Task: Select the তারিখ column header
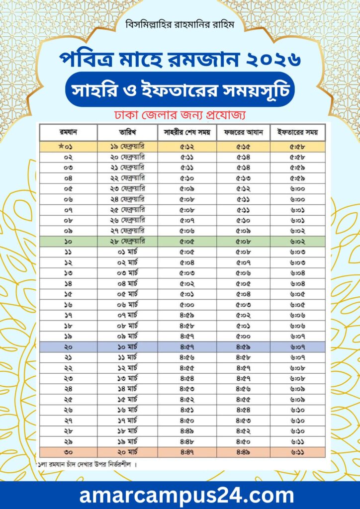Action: pos(127,133)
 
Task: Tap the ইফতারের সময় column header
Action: pos(297,133)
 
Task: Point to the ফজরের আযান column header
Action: pos(243,133)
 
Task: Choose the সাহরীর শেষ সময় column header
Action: pos(187,133)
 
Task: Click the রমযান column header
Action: pos(68,133)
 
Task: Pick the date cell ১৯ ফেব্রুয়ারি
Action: pos(127,147)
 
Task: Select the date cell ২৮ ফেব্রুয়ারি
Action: pos(127,241)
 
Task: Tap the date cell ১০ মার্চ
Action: pos(127,346)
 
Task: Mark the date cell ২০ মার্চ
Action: pos(127,452)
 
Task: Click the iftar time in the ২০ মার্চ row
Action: pos(297,452)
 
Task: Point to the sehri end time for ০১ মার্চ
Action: pos(187,252)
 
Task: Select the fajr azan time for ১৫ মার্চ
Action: pos(243,399)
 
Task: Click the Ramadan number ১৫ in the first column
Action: pos(68,294)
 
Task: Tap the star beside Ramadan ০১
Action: pos(61,146)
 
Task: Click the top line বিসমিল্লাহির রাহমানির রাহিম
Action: pos(180,24)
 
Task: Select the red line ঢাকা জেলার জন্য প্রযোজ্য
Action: pos(180,115)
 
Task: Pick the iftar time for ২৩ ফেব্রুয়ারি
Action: pos(297,188)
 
